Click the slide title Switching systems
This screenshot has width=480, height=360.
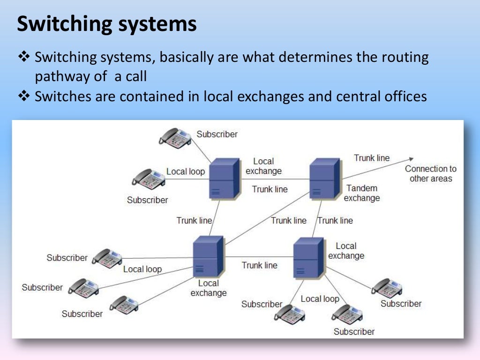tap(106, 24)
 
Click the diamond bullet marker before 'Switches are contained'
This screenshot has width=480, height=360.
tap(23, 96)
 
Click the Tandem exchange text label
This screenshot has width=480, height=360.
tap(362, 193)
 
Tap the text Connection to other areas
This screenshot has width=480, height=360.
tap(430, 173)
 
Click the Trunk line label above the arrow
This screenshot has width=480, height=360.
tap(372, 158)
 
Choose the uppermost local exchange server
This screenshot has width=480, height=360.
tap(221, 178)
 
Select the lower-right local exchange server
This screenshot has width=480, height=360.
tap(308, 257)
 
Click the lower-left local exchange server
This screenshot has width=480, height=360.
tap(208, 256)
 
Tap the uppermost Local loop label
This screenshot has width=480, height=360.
tap(186, 172)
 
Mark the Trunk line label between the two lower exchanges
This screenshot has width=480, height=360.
tap(260, 265)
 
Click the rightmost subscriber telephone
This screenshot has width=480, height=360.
tap(387, 287)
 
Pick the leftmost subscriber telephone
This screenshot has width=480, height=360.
tap(84, 286)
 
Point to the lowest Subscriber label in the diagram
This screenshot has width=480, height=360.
tap(354, 331)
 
